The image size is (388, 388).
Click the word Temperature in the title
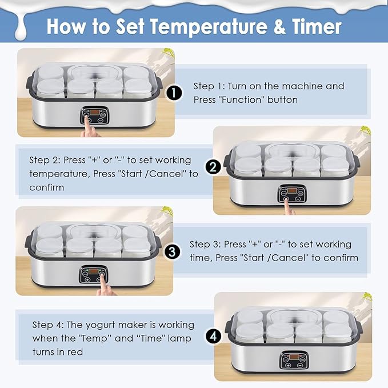209,26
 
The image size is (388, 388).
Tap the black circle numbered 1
174,93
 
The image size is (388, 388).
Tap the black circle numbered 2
213,167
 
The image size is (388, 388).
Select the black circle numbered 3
172,252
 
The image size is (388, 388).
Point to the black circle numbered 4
213,336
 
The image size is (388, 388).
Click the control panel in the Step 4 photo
294,360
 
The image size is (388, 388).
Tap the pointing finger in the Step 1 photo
90,127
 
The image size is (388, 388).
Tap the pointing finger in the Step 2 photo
289,207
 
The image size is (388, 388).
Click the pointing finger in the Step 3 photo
106,287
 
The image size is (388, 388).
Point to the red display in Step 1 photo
94,112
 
